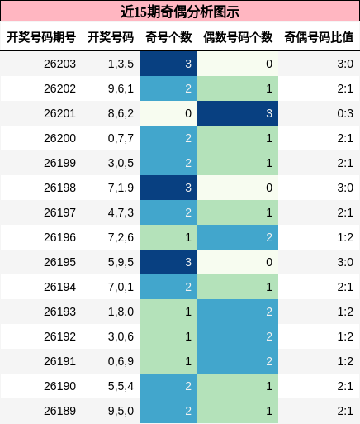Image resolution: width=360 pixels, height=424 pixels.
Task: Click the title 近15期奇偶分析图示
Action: [x=180, y=12]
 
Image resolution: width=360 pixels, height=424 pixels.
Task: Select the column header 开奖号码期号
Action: [x=41, y=37]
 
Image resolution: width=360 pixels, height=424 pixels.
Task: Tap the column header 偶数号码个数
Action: [x=238, y=37]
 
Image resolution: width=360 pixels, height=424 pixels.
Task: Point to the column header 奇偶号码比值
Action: [x=319, y=37]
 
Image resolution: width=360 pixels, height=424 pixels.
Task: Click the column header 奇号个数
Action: [x=168, y=37]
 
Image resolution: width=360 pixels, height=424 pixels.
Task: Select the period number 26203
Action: [x=59, y=64]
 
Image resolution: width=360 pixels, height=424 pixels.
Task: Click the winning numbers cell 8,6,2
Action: [x=121, y=113]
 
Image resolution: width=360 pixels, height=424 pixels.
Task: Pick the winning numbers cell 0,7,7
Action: [x=121, y=138]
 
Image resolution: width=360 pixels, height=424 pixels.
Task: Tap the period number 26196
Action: [x=59, y=237]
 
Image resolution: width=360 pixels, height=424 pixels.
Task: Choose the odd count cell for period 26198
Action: [x=168, y=188]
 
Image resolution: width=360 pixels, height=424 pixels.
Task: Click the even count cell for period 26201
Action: [x=238, y=113]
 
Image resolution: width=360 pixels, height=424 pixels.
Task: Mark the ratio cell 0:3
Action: [x=345, y=113]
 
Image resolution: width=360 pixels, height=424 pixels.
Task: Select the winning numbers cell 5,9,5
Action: [x=121, y=262]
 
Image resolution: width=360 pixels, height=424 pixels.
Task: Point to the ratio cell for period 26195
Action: [x=345, y=262]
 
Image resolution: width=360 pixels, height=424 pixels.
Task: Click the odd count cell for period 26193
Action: [x=168, y=312]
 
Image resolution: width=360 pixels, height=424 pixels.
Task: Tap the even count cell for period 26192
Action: [x=238, y=336]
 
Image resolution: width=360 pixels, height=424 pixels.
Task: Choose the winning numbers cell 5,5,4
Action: [x=121, y=386]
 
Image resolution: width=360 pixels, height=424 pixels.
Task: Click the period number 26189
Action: [x=59, y=411]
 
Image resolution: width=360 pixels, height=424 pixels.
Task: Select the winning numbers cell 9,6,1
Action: [x=121, y=88]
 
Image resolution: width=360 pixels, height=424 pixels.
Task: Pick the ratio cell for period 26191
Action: [x=345, y=361]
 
